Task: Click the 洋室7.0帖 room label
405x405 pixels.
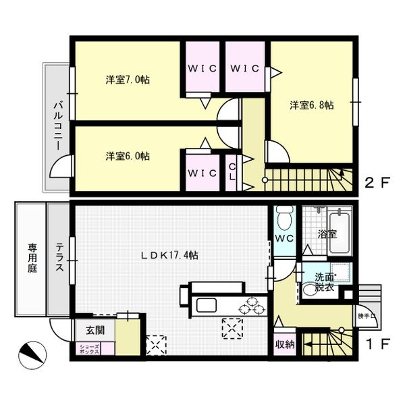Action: (x=127, y=79)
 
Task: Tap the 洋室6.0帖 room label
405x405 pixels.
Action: (x=127, y=156)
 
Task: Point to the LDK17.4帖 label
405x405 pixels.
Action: (x=169, y=255)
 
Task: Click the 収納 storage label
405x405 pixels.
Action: (x=284, y=344)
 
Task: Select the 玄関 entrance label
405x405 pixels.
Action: (x=94, y=330)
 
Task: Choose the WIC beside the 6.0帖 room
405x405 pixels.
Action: (x=202, y=173)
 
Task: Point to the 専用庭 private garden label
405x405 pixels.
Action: (x=32, y=259)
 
